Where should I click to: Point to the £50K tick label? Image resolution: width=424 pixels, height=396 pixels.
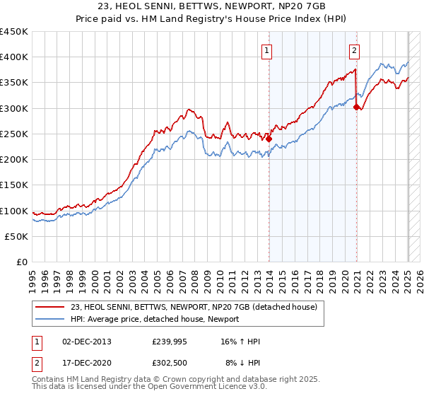coord(16,236)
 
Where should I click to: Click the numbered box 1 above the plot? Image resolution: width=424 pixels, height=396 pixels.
coord(267,49)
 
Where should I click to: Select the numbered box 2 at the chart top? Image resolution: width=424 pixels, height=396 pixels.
coord(353,49)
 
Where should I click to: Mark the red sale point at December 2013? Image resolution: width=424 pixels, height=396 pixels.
coord(269,139)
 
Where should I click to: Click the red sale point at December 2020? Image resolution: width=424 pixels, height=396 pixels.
coord(356,107)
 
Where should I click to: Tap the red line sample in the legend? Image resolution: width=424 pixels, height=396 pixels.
coord(49,307)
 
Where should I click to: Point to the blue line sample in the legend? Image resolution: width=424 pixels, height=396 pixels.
coord(49,319)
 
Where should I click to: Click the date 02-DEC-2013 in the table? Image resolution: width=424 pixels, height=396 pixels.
coord(87,342)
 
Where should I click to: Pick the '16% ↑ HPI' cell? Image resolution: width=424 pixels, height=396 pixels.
coord(240,342)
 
